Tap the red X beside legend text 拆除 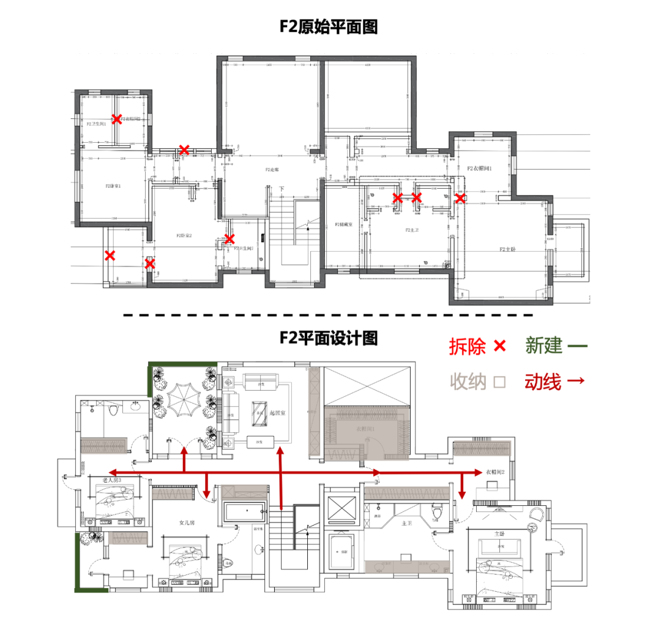(499, 347)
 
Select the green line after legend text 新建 (577, 347)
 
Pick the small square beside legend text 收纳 (499, 383)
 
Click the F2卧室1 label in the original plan (113, 186)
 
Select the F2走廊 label (272, 170)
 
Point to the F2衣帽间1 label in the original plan (480, 168)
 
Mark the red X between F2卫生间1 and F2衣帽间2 (116, 119)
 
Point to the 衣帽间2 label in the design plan (496, 472)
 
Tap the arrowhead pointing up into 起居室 (280, 451)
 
